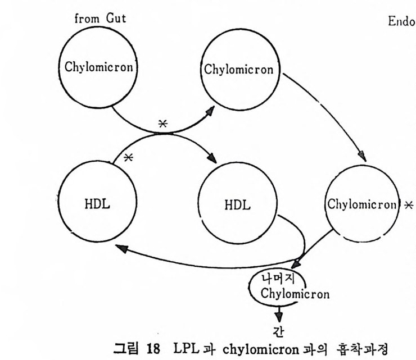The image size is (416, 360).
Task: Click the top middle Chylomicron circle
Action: pyautogui.click(x=238, y=71)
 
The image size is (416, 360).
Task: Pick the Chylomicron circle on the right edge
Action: pyautogui.click(x=361, y=204)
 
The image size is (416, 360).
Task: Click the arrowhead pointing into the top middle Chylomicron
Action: pyautogui.click(x=214, y=111)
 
